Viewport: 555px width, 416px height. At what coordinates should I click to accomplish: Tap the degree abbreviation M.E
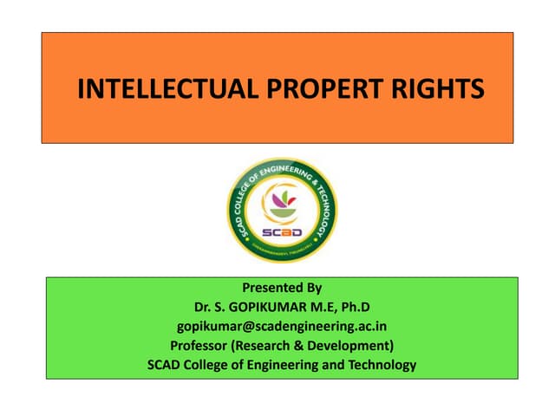pos(324,307)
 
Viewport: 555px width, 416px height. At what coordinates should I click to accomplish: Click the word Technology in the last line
pos(375,365)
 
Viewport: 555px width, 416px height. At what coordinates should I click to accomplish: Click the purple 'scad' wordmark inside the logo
pos(281,231)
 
